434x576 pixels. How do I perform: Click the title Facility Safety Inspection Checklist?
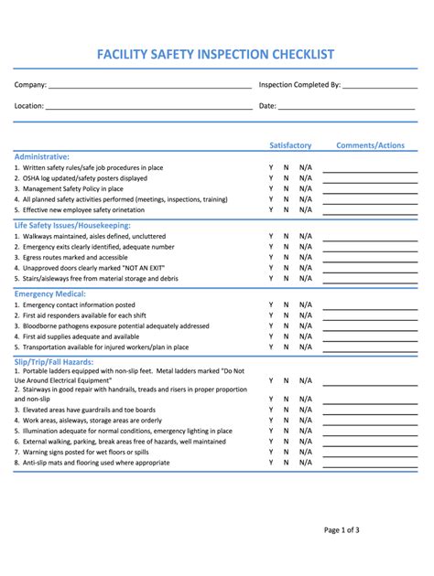click(216, 55)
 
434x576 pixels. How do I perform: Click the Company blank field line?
click(150, 87)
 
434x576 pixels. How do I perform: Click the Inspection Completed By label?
click(299, 84)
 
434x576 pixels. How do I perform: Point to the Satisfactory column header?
click(290, 145)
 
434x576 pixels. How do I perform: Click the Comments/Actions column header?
click(370, 145)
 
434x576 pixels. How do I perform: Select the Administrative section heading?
click(42, 156)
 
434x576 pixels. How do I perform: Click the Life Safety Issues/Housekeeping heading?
click(72, 225)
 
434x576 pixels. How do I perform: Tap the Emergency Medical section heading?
click(50, 293)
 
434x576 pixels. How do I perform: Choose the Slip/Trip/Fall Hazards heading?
click(54, 362)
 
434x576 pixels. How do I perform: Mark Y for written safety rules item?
click(271, 168)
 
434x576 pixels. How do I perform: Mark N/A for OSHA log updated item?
click(305, 178)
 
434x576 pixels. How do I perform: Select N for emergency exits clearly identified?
click(286, 247)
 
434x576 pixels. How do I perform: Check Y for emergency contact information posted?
click(271, 305)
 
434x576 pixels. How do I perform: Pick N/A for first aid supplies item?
click(305, 336)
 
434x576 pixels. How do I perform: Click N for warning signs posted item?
click(286, 453)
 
